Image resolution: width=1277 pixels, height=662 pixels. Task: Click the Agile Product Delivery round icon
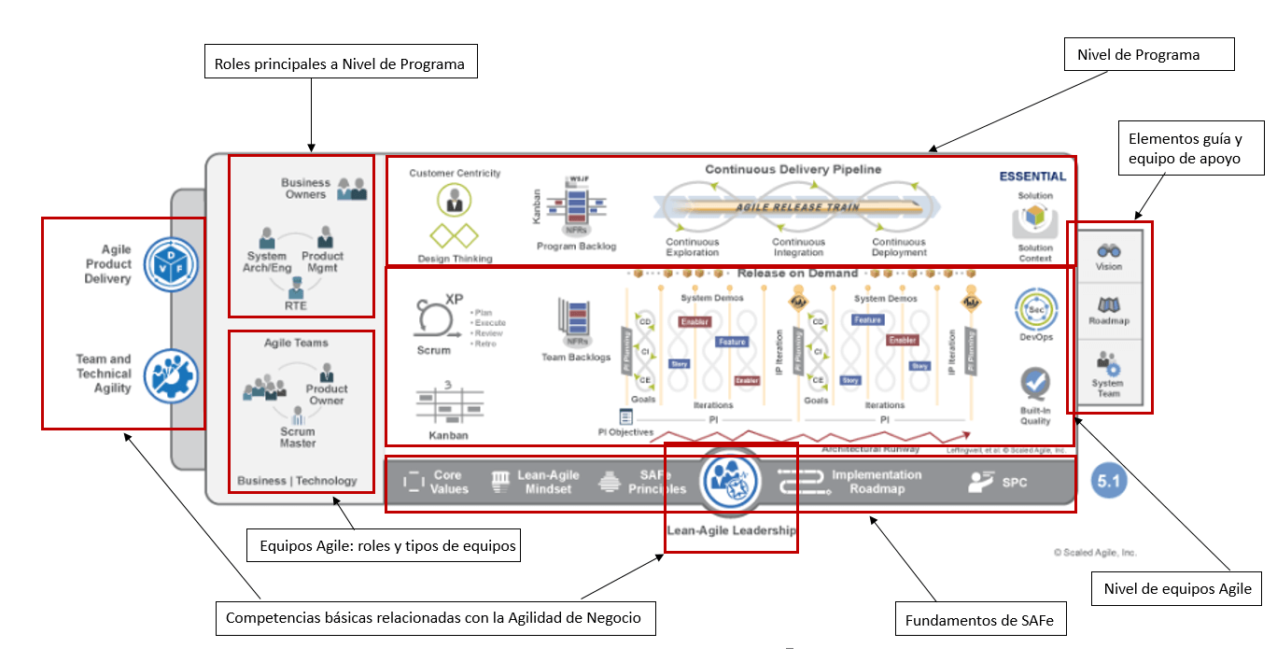tap(172, 263)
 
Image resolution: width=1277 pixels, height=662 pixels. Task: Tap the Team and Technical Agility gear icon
tap(172, 373)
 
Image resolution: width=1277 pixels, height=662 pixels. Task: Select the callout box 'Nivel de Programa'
tap(1149, 55)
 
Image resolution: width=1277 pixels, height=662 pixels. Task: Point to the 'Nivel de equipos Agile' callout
tap(1176, 589)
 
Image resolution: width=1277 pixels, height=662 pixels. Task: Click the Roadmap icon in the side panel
tap(1109, 305)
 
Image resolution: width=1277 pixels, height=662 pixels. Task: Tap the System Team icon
tap(1109, 362)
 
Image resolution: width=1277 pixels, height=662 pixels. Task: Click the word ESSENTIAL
tap(1032, 176)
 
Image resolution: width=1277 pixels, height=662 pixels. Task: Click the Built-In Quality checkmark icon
tap(1035, 384)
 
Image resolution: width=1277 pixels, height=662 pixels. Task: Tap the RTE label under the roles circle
tap(295, 305)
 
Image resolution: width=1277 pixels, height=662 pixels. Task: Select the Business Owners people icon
tap(352, 188)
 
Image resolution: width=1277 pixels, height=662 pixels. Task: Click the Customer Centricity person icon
tap(455, 198)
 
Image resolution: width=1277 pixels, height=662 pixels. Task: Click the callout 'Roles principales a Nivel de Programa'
tap(341, 64)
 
